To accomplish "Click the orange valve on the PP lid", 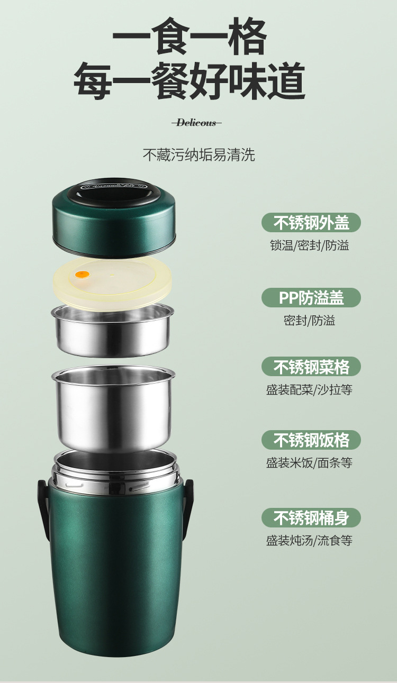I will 82,275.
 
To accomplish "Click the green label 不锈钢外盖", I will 311,223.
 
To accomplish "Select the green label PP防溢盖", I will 311,298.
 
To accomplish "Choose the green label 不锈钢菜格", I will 311,367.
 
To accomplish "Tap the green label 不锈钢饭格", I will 311,440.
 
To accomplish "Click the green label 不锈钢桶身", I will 311,517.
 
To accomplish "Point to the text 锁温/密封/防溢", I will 309,245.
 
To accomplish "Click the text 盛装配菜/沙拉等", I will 309,390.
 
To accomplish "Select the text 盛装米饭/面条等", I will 309,463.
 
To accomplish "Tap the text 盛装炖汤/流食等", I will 309,540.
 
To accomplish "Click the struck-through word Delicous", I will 196,123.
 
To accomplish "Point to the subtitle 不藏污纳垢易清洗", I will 198,154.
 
